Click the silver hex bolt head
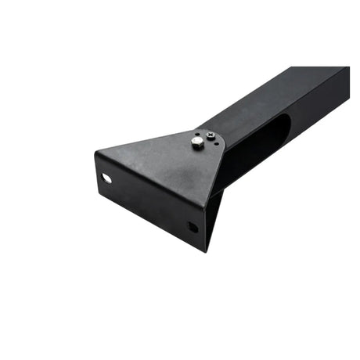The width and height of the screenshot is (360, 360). click(197, 142)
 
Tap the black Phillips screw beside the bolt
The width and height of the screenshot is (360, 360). click(211, 138)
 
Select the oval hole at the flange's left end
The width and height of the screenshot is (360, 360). click(106, 178)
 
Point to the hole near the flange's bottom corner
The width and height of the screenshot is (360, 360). click(192, 227)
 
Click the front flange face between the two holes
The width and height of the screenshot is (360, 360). click(149, 202)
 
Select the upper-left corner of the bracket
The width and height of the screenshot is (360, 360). click(95, 152)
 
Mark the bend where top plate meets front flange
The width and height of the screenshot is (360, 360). click(149, 176)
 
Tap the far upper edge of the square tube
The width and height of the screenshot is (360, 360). click(305, 68)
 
